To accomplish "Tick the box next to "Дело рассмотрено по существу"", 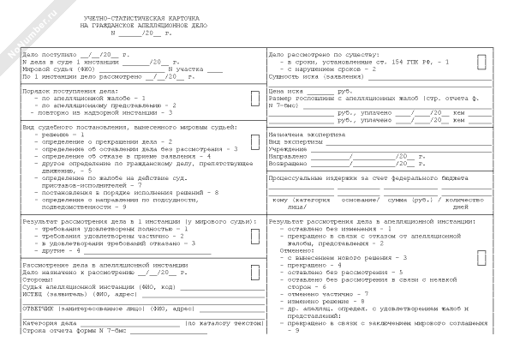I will [482, 62].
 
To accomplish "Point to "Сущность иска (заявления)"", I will [312, 76].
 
